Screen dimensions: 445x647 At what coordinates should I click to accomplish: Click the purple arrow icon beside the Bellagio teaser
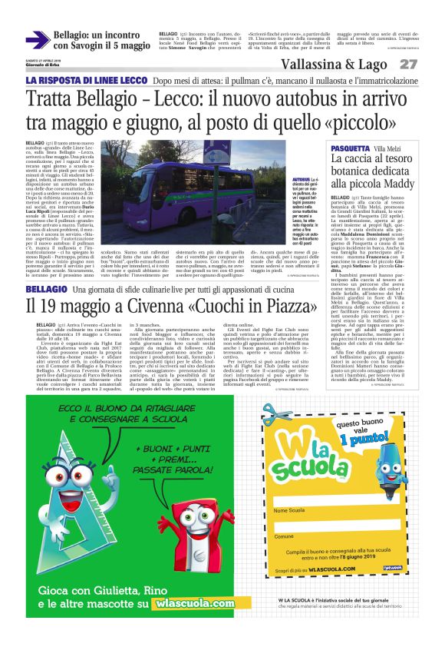(38, 41)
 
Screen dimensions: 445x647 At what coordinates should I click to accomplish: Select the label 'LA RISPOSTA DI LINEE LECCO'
(85, 81)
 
